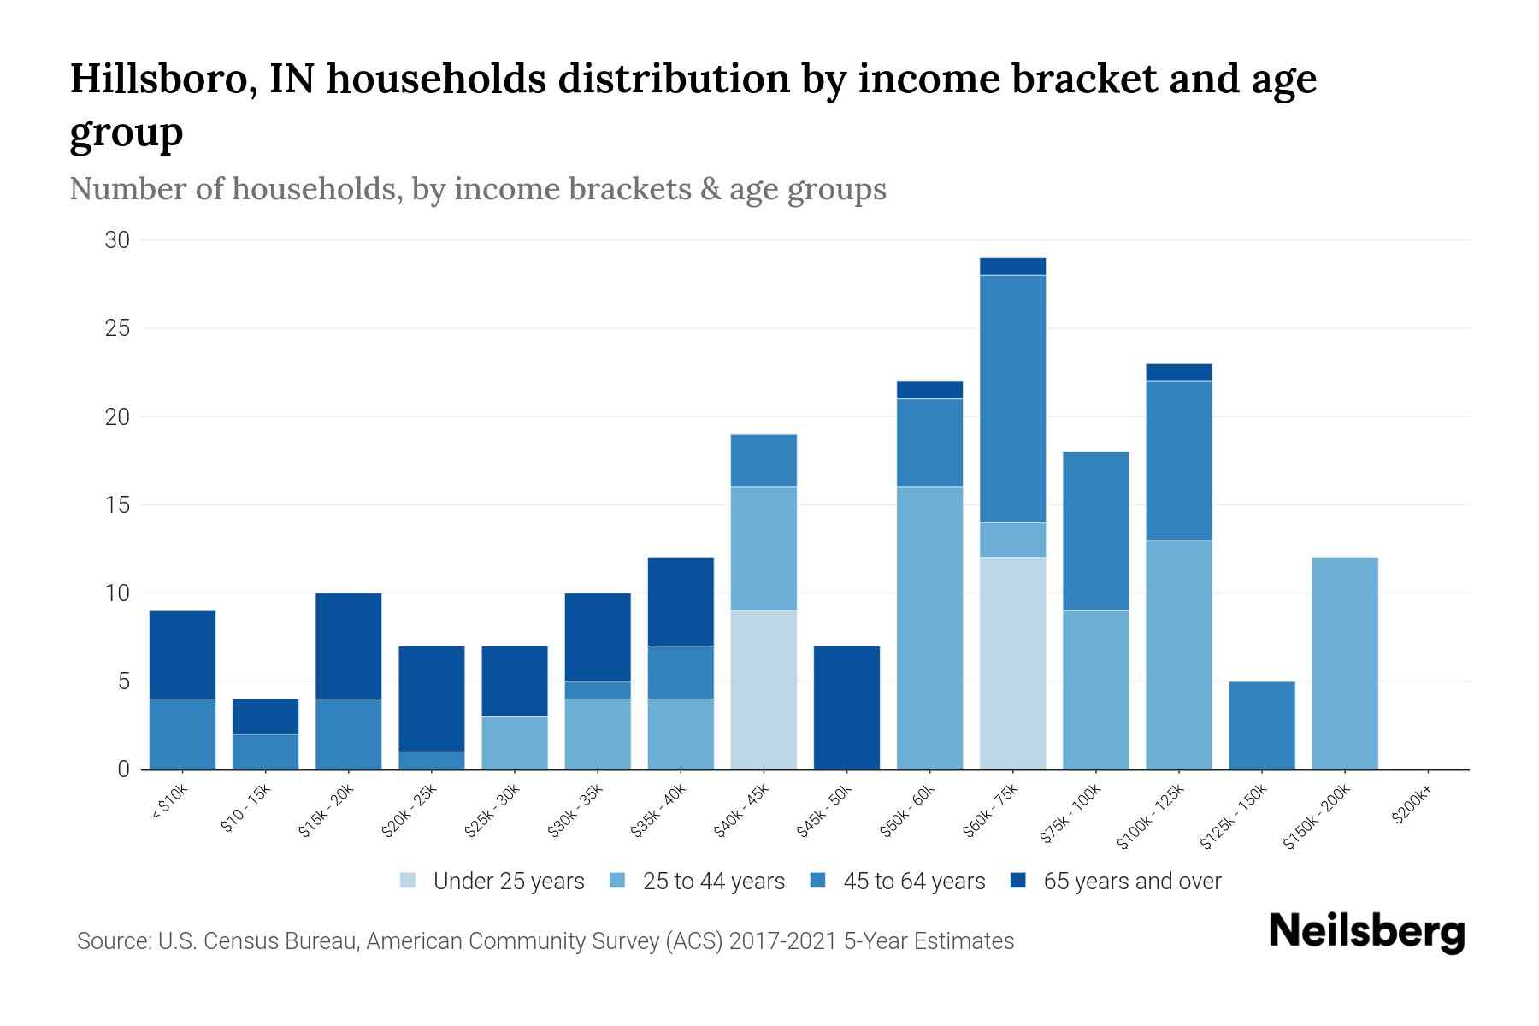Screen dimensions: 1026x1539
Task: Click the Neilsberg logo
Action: click(x=1366, y=931)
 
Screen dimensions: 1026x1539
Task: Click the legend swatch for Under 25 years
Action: click(x=409, y=881)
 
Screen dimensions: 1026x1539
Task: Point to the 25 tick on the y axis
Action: click(x=117, y=328)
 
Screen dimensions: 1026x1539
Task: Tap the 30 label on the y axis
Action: click(x=117, y=240)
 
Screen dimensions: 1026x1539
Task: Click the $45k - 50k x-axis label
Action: click(x=826, y=809)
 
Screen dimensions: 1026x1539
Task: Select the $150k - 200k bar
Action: click(x=1345, y=663)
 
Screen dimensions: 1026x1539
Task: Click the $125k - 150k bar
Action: click(x=1262, y=725)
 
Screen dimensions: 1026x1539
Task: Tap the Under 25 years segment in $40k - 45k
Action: click(x=764, y=690)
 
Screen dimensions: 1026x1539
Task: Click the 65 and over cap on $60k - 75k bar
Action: click(x=1012, y=267)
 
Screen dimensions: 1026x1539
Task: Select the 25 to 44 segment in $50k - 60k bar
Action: click(x=929, y=628)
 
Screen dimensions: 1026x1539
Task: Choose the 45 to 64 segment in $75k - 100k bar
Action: click(x=1095, y=531)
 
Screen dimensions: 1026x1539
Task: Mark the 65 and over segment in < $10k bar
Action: click(x=182, y=655)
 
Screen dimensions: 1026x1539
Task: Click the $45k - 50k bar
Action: click(x=846, y=708)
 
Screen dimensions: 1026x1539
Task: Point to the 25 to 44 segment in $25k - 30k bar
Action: click(x=515, y=743)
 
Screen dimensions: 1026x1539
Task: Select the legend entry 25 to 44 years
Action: click(x=712, y=881)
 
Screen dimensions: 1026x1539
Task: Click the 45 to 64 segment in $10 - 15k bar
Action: click(x=265, y=752)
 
